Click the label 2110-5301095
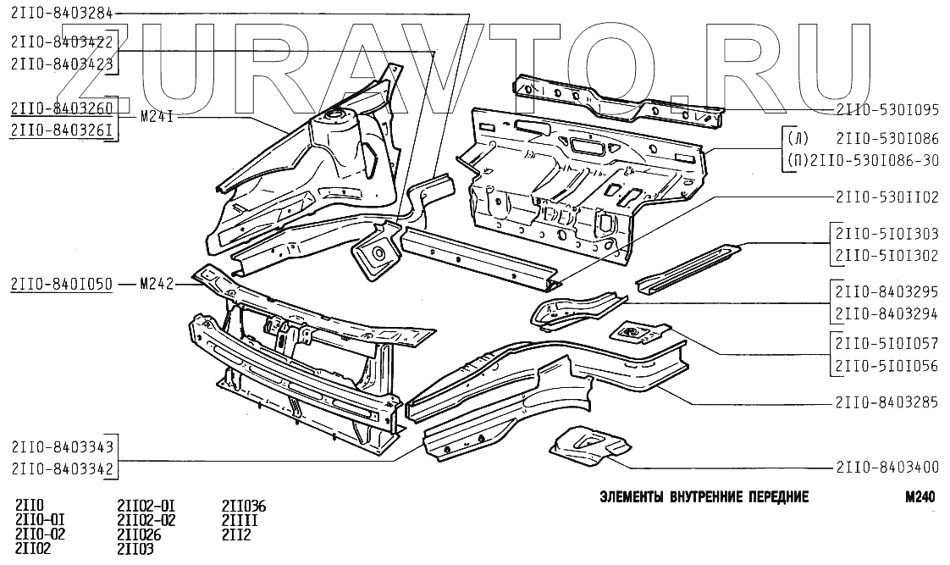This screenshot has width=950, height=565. pos(886,109)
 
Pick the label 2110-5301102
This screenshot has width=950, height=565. pos(886,197)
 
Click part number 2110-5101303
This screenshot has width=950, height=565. pos(886,233)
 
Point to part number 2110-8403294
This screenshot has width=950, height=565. pos(886,313)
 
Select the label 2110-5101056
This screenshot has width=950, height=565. pos(886,366)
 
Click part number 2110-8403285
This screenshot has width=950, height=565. pos(886,403)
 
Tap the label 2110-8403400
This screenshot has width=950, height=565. pos(886,466)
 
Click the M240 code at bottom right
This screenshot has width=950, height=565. pos(919,497)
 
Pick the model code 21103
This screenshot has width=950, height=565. pos(136,549)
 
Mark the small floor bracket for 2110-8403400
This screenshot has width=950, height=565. pos(589,446)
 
